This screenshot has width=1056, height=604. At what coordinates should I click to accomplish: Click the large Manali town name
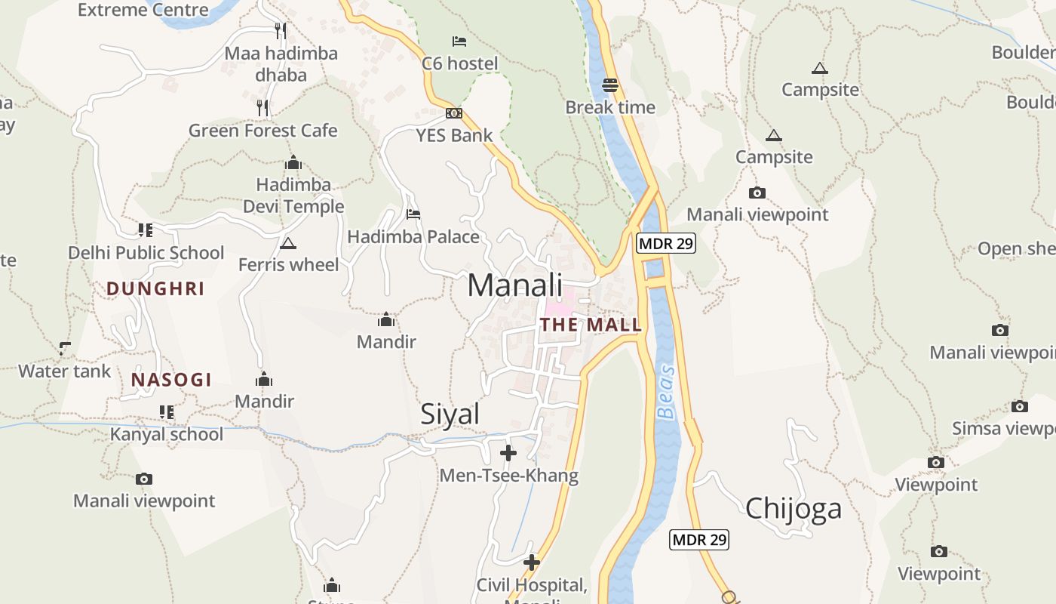tap(515, 285)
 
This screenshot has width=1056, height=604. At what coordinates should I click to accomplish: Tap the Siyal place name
tap(450, 414)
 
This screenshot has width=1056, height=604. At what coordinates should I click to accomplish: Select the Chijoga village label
tap(794, 508)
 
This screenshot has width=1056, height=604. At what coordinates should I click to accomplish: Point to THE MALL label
tap(591, 325)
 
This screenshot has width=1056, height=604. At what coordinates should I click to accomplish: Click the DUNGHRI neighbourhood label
tap(155, 288)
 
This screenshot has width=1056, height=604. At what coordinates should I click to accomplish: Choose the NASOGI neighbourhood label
tap(171, 380)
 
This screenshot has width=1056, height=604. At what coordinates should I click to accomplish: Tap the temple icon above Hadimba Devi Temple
tap(293, 163)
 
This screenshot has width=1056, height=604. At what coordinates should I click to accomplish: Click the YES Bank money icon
tap(454, 113)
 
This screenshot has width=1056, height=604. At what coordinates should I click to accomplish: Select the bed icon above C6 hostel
tap(459, 41)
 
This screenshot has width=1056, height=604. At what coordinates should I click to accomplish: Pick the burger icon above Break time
tap(610, 85)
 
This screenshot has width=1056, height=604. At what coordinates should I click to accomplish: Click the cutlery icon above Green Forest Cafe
tap(262, 108)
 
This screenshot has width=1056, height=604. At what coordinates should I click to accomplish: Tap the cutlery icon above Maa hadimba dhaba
tap(281, 31)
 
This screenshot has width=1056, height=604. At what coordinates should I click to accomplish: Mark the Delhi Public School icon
tap(145, 230)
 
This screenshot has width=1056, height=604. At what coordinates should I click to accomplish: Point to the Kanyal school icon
tap(166, 412)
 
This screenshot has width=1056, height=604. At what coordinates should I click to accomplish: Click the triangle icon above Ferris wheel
tap(287, 243)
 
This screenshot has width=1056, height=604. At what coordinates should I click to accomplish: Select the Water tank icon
tap(65, 349)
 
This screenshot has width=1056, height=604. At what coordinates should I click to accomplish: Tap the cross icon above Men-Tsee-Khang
tap(508, 453)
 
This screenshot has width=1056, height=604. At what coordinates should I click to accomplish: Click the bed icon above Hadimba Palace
tap(413, 214)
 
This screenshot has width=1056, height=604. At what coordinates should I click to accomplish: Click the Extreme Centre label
tap(143, 10)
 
